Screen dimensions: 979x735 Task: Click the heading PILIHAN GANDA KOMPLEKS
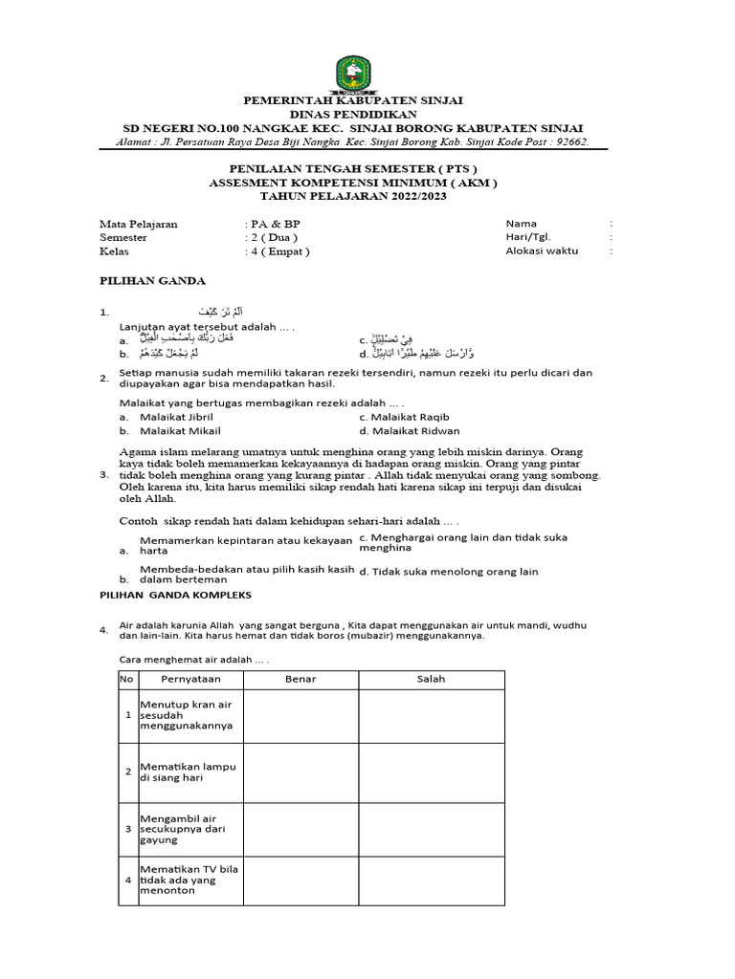point(176,594)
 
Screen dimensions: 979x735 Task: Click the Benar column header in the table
point(301,679)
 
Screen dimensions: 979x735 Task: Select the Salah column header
point(431,679)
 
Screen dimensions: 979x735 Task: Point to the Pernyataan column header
point(190,679)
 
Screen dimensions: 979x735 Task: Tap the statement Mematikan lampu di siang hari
point(188,772)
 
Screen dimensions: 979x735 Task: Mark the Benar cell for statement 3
point(301,829)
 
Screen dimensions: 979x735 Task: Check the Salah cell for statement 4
point(431,879)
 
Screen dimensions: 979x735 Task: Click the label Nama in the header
point(523,224)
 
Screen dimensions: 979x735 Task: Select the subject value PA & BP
point(276,224)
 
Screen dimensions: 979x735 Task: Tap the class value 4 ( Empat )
point(280,251)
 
